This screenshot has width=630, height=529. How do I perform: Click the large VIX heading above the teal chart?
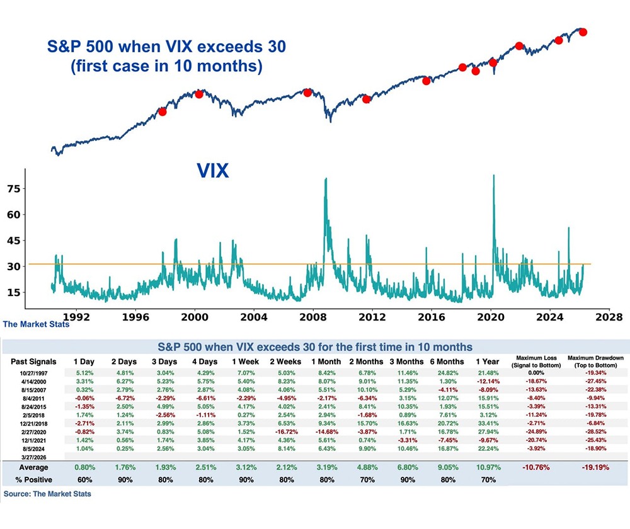click(212, 170)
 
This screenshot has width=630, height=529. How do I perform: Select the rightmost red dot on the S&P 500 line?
click(583, 31)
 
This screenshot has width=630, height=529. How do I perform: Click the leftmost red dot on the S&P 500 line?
click(162, 111)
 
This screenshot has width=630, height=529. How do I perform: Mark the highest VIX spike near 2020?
click(493, 176)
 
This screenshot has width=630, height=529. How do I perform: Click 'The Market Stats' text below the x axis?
click(37, 325)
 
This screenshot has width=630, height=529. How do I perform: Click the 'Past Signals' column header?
click(34, 362)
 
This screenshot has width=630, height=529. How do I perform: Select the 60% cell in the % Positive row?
click(86, 481)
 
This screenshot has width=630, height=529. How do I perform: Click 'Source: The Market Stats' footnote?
click(47, 494)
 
